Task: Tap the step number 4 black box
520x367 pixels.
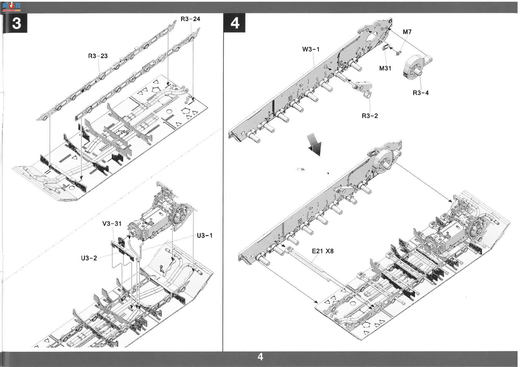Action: point(234,23)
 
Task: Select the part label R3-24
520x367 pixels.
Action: point(190,19)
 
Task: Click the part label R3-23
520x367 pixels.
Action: point(98,56)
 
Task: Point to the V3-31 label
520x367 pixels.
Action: point(112,224)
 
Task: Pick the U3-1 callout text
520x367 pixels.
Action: point(204,236)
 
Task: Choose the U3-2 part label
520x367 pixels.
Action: point(89,258)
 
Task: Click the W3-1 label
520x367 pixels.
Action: point(311,49)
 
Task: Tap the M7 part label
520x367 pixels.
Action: point(407,32)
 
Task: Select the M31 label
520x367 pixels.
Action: point(385,68)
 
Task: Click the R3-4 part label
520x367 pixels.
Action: point(421,93)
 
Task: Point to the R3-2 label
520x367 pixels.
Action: point(370,116)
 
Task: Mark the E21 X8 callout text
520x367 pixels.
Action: point(323,251)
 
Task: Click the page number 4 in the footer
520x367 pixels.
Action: point(260,357)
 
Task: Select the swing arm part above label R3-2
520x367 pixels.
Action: point(362,89)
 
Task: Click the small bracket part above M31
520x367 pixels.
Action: point(386,47)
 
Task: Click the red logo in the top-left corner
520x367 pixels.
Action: point(12,7)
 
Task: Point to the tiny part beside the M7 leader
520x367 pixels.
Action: point(398,53)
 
